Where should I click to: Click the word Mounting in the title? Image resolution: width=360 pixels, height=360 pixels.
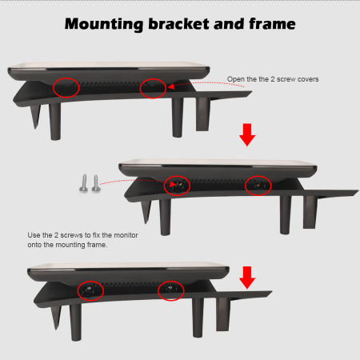coord(104,25)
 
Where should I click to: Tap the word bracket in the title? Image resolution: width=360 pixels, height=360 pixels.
coord(179,24)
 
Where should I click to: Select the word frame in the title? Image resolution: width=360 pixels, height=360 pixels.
coord(272,24)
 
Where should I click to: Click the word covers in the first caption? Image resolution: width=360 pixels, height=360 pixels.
coord(308,79)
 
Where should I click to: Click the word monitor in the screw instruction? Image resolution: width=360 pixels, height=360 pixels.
coord(126,235)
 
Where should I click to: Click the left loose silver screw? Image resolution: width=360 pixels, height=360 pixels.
coord(84,183)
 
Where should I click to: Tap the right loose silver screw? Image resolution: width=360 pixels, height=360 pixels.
coord(96,184)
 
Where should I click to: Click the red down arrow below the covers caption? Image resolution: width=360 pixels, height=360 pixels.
coord(247,134)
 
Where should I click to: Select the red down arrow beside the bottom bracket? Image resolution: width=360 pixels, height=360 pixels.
coord(247,278)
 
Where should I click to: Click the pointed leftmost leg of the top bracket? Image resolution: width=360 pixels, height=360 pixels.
coord(35,116)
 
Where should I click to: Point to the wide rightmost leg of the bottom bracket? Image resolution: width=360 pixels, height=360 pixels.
coord(222,314)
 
